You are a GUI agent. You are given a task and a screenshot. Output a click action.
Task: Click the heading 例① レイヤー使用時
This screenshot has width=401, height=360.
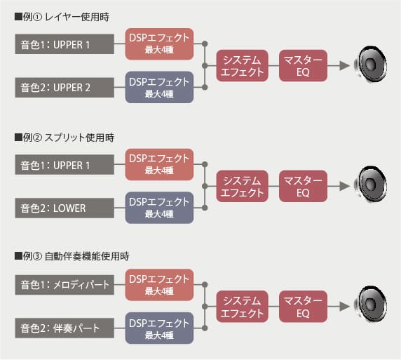click(62, 17)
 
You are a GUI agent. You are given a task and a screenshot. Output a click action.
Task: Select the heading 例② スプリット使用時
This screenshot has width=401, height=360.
click(64, 138)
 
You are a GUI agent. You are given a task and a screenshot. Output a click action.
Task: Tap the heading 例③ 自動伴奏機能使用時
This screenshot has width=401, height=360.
click(72, 255)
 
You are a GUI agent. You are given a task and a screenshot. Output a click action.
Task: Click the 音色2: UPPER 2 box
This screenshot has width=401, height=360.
click(64, 88)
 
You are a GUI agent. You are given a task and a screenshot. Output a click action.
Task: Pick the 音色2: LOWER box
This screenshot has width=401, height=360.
click(64, 208)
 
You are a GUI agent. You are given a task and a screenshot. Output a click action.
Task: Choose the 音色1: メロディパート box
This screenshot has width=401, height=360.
click(64, 285)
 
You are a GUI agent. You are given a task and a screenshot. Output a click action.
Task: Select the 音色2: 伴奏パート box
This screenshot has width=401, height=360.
click(64, 328)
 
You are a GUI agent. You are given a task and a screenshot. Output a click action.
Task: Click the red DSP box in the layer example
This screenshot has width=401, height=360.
click(159, 44)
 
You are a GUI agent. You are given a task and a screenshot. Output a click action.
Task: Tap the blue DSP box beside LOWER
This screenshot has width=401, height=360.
click(159, 208)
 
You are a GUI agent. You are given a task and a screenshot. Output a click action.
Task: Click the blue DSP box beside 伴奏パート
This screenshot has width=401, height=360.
click(159, 328)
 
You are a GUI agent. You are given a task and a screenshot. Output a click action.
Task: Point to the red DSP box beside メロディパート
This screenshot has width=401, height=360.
click(159, 285)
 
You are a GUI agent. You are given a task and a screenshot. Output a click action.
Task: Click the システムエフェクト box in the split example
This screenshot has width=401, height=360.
click(242, 186)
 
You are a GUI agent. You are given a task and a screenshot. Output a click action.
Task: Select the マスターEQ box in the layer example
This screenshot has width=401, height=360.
click(303, 66)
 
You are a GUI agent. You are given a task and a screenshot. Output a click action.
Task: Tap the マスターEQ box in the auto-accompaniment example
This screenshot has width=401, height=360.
click(303, 307)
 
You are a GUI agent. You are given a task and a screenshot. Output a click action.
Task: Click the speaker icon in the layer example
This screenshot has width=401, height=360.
click(370, 64)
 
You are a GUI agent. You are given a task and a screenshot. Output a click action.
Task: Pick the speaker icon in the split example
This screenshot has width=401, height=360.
click(370, 185)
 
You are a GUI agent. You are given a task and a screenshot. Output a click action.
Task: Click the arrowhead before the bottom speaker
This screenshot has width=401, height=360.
click(344, 307)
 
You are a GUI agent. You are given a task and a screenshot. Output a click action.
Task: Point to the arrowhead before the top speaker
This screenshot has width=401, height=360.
click(344, 66)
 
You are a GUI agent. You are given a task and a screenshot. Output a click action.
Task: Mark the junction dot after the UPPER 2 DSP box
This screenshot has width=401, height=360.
click(205, 88)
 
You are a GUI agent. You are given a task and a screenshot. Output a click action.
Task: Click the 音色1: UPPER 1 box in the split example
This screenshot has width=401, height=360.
click(64, 164)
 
